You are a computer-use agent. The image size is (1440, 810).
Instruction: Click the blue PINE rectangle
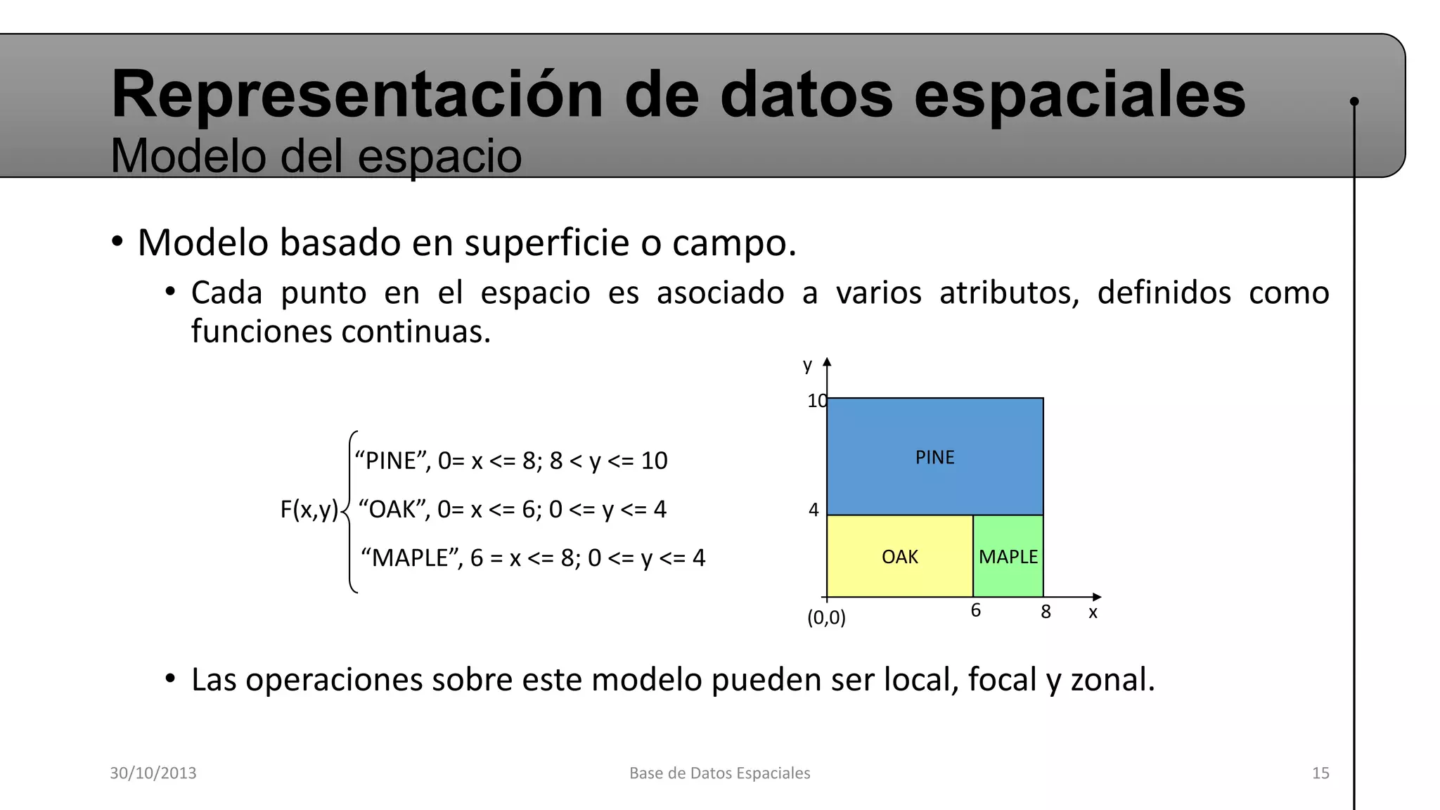pyautogui.click(x=934, y=457)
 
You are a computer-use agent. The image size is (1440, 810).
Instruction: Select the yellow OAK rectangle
pyautogui.click(x=899, y=557)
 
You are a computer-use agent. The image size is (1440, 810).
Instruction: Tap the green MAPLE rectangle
pyautogui.click(x=1008, y=557)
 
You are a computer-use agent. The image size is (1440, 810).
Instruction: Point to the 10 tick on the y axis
pyautogui.click(x=816, y=401)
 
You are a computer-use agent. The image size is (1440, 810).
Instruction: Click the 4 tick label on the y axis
pyautogui.click(x=814, y=510)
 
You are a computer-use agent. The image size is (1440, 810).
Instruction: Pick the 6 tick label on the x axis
pyautogui.click(x=976, y=610)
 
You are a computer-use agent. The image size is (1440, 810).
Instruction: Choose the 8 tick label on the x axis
pyautogui.click(x=1046, y=612)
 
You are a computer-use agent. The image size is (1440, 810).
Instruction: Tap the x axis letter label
pyautogui.click(x=1093, y=612)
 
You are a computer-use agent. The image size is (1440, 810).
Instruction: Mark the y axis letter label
pyautogui.click(x=807, y=365)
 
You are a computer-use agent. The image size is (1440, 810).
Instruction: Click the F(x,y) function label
pyautogui.click(x=309, y=509)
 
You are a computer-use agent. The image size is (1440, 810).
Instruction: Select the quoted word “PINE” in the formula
pyautogui.click(x=392, y=461)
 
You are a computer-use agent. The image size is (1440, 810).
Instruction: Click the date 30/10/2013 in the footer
pyautogui.click(x=153, y=773)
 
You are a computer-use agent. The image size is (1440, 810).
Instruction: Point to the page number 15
pyautogui.click(x=1320, y=773)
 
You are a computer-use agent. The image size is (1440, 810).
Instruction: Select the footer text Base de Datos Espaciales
pyautogui.click(x=719, y=773)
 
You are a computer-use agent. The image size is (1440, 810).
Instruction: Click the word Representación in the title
pyautogui.click(x=357, y=94)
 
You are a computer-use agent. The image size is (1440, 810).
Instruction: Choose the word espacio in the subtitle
pyautogui.click(x=439, y=155)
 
